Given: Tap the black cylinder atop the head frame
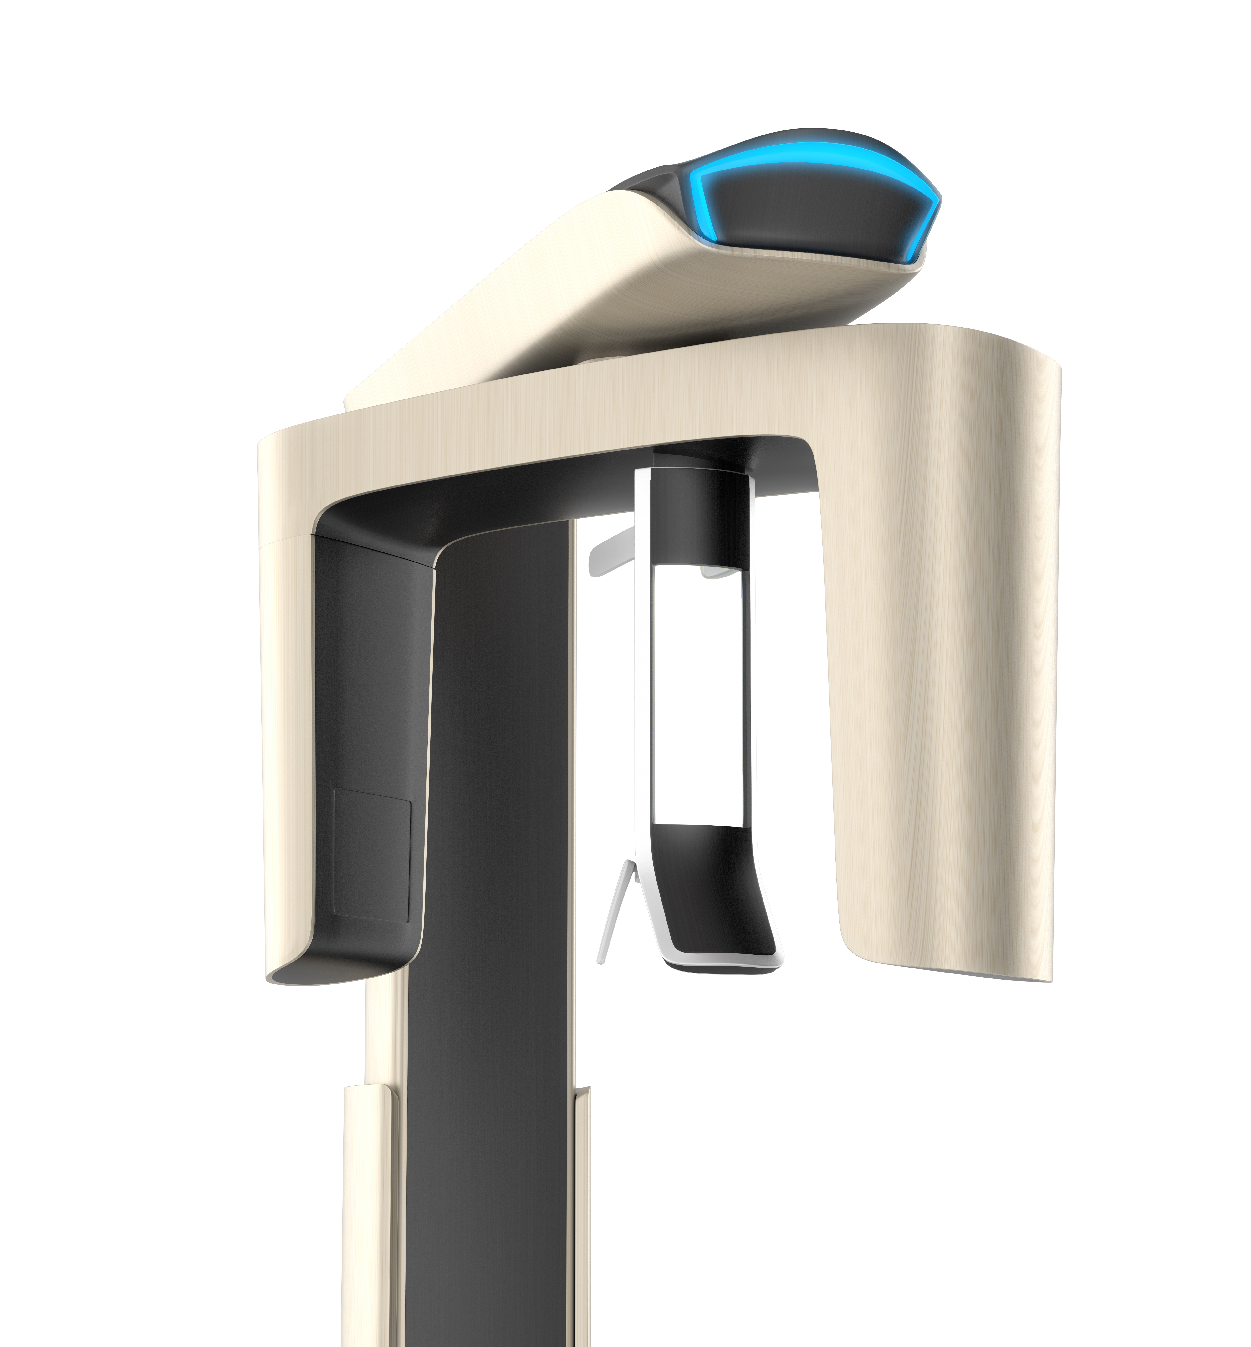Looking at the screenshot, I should [697, 514].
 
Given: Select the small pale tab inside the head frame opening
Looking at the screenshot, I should [717, 572].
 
